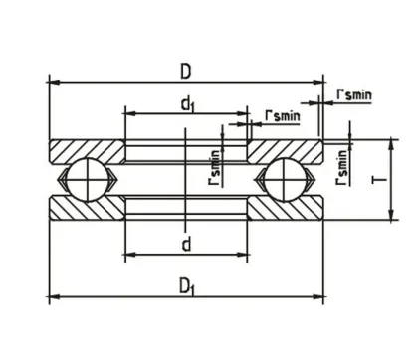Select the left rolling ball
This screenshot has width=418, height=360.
coord(85,184)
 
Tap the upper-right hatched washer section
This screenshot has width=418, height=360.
coord(284,152)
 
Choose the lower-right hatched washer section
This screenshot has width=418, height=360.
coord(284,212)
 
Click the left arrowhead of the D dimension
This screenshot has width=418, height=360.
coord(53,83)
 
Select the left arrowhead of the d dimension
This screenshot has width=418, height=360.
coord(128,256)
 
